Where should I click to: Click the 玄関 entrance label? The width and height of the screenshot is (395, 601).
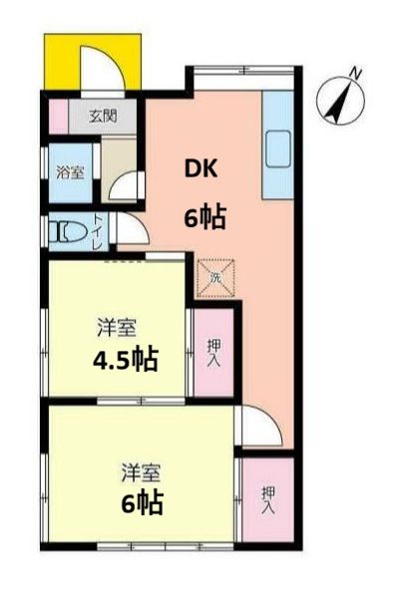pos(103,116)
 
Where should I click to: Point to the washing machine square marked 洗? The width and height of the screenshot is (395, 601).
pos(214,275)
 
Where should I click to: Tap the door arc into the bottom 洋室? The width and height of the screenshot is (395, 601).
pos(256,431)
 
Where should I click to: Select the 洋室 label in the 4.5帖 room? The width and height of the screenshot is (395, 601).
pos(116,326)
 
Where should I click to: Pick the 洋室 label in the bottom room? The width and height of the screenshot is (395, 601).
pos(141,468)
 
